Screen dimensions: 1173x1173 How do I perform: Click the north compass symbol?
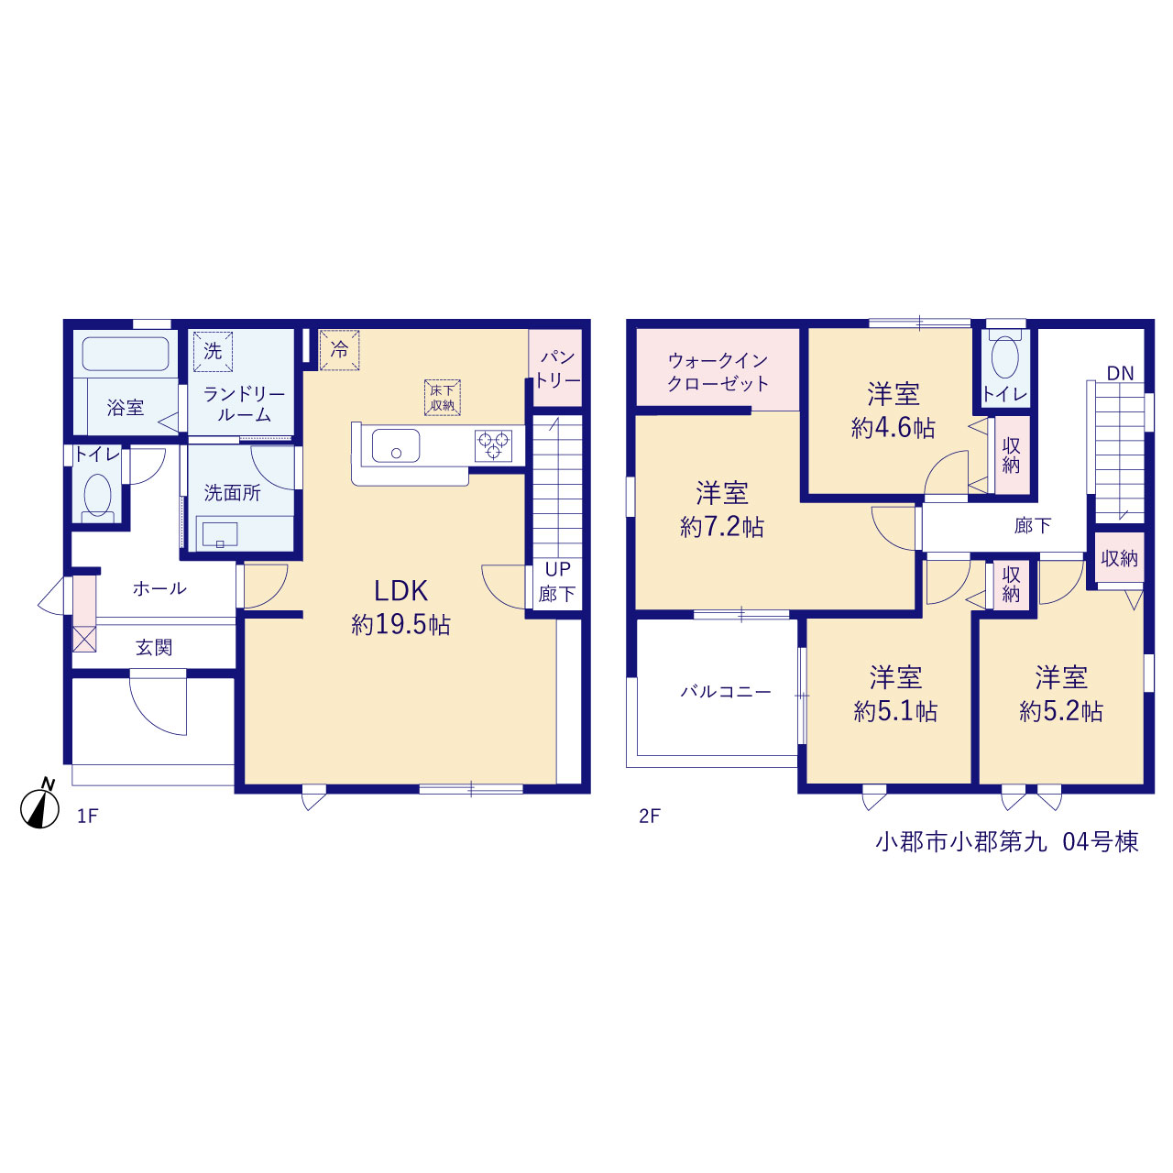[40, 806]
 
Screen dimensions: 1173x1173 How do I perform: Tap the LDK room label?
[400, 590]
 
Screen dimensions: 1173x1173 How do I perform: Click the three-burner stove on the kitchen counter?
[493, 445]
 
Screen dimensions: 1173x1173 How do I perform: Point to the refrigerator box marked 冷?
[339, 350]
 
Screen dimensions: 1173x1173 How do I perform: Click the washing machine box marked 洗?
[213, 351]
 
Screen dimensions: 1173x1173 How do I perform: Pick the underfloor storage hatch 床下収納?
[442, 398]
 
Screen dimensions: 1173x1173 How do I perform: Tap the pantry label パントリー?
[557, 369]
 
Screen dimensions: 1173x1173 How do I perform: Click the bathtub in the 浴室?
[126, 354]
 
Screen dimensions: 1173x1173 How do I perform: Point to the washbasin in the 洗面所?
[220, 534]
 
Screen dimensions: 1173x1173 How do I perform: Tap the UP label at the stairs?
[557, 570]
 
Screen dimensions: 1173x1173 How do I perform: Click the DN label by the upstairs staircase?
[1120, 373]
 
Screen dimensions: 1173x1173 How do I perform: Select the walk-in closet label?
[718, 372]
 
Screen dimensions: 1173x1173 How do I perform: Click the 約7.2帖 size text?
[722, 527]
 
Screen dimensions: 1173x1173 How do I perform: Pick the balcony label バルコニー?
[726, 692]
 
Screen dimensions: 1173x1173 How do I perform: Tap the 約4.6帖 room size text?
[893, 429]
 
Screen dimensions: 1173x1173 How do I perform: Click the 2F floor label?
[650, 817]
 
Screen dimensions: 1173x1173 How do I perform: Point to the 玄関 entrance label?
[154, 648]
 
